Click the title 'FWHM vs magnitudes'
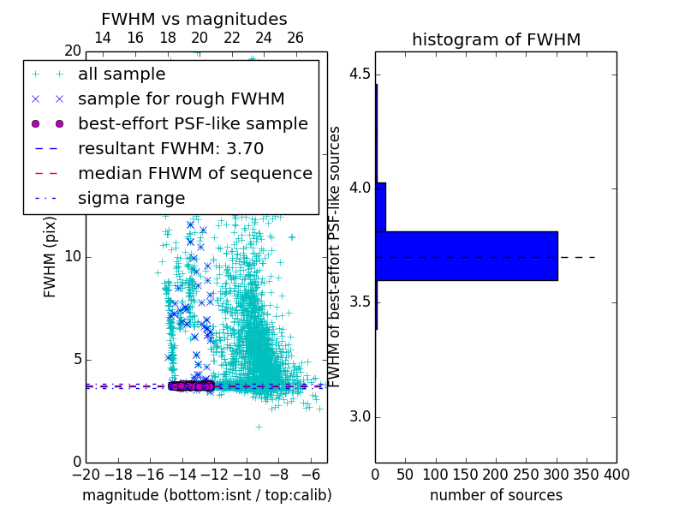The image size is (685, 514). (194, 19)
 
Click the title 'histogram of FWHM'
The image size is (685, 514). (496, 39)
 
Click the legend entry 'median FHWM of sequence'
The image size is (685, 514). (194, 173)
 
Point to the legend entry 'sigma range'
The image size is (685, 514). (131, 198)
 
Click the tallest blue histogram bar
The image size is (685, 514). (467, 256)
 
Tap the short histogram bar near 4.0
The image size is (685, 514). (381, 206)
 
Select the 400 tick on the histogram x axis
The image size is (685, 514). (616, 474)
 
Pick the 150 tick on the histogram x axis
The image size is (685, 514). (466, 474)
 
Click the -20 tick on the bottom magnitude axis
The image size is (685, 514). (86, 474)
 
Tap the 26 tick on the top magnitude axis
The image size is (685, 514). (295, 38)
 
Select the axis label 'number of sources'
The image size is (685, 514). (496, 495)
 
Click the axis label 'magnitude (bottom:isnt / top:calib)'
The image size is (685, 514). (206, 495)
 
